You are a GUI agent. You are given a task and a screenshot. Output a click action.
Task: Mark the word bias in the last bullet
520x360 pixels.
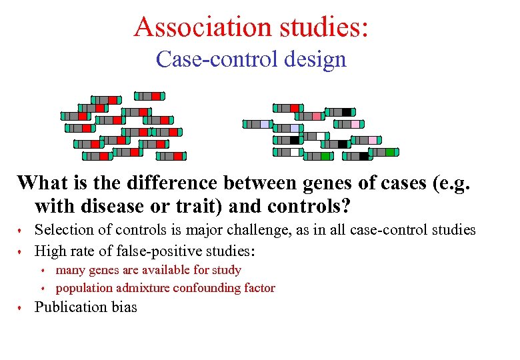click(x=123, y=307)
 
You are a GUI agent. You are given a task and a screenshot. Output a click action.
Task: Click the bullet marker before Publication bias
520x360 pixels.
click(x=21, y=308)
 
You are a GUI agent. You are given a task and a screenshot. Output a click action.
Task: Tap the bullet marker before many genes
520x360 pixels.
click(x=43, y=271)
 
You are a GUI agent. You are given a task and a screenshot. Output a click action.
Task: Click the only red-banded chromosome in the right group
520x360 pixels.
click(x=289, y=108)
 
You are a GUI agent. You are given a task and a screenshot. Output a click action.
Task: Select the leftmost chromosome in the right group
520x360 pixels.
click(x=257, y=124)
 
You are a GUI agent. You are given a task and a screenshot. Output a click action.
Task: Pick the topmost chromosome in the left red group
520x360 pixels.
click(x=149, y=96)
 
